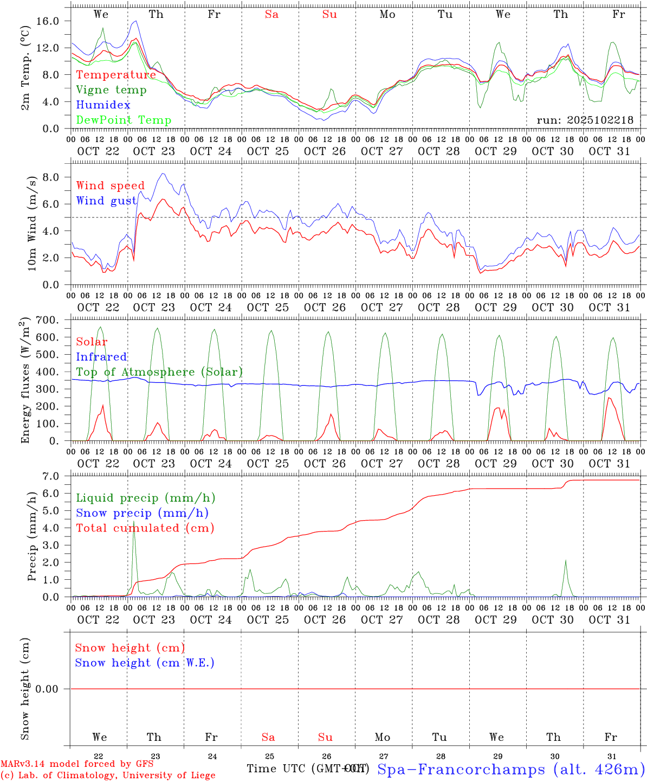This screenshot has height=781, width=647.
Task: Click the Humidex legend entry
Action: click(103, 105)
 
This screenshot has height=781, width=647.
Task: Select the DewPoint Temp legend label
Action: click(124, 120)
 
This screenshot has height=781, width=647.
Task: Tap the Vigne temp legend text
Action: click(111, 90)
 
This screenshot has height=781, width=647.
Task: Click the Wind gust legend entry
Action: click(106, 201)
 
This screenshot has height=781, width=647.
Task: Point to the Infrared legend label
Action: click(101, 357)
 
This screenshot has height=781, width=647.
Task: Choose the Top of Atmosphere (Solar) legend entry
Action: click(159, 372)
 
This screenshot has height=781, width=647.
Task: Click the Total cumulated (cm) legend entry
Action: click(145, 528)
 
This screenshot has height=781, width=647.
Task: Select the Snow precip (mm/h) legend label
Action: click(142, 513)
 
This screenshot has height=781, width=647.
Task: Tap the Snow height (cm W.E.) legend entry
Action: click(145, 663)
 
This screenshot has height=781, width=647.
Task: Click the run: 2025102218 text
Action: click(585, 120)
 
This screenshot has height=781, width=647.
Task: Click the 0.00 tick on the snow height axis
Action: click(51, 689)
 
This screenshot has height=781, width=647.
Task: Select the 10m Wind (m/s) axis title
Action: click(32, 223)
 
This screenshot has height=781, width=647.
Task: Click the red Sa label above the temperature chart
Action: click(271, 15)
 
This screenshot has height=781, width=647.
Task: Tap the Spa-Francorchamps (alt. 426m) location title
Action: click(510, 769)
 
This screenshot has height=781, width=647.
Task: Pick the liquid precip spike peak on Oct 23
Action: click(134, 521)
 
